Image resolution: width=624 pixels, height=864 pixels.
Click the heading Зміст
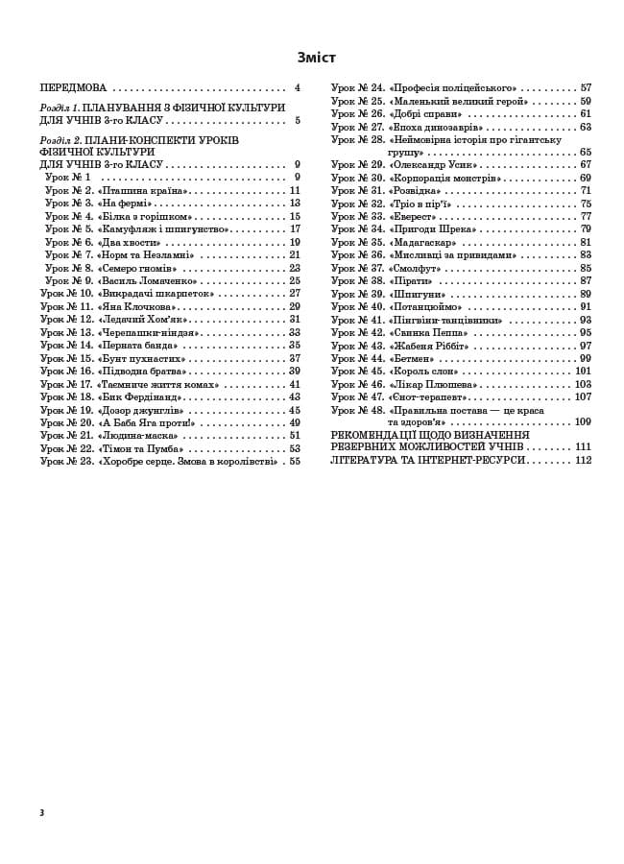pyautogui.click(x=317, y=58)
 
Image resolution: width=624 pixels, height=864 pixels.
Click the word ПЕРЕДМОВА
pyautogui.click(x=73, y=87)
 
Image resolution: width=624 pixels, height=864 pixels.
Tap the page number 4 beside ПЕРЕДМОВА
pyautogui.click(x=298, y=87)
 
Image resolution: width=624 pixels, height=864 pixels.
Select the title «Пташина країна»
pyautogui.click(x=143, y=190)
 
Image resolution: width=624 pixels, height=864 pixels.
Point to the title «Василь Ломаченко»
pyautogui.click(x=152, y=280)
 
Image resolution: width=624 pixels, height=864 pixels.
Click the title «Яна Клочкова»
pyautogui.click(x=137, y=306)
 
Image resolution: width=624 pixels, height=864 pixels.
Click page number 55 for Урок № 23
pyautogui.click(x=295, y=461)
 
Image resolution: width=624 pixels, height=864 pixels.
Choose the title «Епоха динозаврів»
pyautogui.click(x=436, y=127)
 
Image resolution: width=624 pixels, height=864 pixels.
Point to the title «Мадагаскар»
pyautogui.click(x=422, y=242)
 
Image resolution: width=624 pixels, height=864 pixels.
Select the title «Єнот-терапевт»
pyautogui.click(x=429, y=396)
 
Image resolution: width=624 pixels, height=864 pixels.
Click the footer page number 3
pyautogui.click(x=42, y=812)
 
